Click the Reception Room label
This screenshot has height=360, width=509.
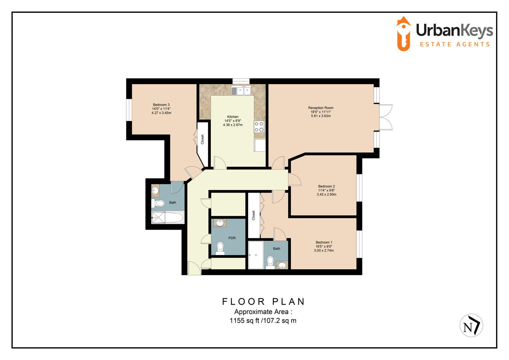pyautogui.click(x=320, y=108)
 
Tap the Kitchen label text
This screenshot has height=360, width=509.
pyautogui.click(x=233, y=117)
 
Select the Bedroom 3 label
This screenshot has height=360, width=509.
pyautogui.click(x=161, y=105)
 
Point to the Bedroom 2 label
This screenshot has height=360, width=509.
pyautogui.click(x=326, y=187)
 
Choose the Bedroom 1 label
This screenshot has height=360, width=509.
pyautogui.click(x=324, y=243)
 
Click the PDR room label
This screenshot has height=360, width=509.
pyautogui.click(x=232, y=238)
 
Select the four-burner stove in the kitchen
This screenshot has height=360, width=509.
pyautogui.click(x=259, y=127)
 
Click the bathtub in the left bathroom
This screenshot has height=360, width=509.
pyautogui.click(x=168, y=218)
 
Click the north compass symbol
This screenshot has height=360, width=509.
pyautogui.click(x=471, y=326)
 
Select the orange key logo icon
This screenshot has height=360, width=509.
pyautogui.click(x=403, y=34)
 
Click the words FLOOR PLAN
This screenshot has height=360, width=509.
pyautogui.click(x=263, y=302)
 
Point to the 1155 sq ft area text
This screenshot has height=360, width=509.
pyautogui.click(x=263, y=321)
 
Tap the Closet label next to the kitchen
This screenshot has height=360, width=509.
pyautogui.click(x=202, y=139)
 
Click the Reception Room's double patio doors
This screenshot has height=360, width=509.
pyautogui.click(x=386, y=117)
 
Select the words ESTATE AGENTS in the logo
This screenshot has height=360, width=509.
pyautogui.click(x=454, y=44)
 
